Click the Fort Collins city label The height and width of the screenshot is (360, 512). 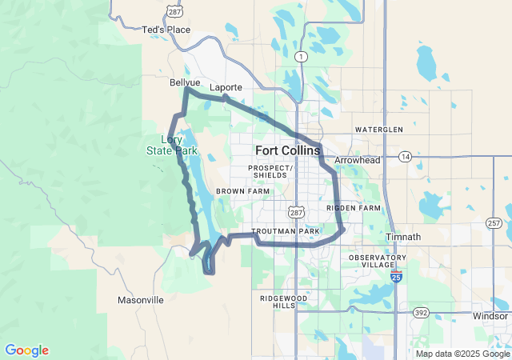pos(288,150)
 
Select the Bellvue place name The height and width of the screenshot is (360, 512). pos(185,82)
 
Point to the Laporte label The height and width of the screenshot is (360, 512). pos(225,87)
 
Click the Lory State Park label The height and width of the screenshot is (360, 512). pos(171,145)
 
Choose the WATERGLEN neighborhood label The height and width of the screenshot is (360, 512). pos(379,129)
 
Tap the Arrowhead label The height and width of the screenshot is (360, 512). pos(357,160)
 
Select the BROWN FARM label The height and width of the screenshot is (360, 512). pos(242,192)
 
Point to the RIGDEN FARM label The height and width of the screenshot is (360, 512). pos(354,208)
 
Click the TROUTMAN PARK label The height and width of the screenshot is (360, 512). pos(286,231)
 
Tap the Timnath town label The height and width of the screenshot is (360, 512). pos(402,237)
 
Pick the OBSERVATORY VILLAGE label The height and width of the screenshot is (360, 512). pos(377,260)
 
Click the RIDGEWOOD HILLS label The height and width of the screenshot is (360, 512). pos(283,302)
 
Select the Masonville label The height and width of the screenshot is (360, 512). pos(141,300)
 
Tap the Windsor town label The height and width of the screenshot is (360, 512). pos(490,316)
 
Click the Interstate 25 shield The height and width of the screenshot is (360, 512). pos(398,277)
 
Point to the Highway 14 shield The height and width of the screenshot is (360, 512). pos(406,157)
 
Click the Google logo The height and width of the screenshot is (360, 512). pos(26,350)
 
